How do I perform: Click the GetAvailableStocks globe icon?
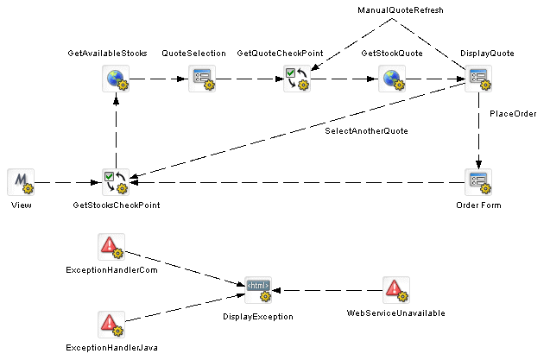[115, 79]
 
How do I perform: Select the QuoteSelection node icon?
[201, 79]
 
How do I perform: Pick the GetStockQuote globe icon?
[391, 79]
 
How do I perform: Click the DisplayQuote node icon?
[477, 79]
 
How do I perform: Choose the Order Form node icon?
[477, 182]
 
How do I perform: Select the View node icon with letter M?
[20, 182]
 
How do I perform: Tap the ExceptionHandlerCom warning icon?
[111, 247]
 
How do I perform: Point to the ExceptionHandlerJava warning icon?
[111, 325]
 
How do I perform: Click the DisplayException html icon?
[258, 290]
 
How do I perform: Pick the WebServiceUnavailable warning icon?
[395, 290]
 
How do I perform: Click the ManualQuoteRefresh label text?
[401, 9]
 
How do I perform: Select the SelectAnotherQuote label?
[366, 131]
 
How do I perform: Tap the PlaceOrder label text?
[513, 113]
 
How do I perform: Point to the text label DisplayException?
[258, 317]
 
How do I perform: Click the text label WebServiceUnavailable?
[395, 313]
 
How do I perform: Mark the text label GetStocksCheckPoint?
[115, 205]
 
